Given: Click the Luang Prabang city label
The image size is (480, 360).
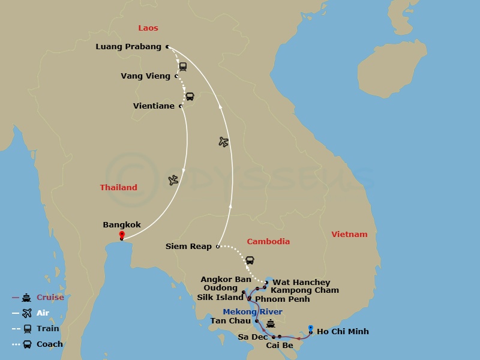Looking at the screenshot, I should pyautogui.click(x=128, y=47).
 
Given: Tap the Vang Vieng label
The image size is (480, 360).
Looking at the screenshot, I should pyautogui.click(x=145, y=76).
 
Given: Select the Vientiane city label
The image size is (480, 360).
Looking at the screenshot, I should pyautogui.click(x=154, y=106).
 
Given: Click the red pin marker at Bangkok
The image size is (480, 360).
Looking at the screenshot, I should pyautogui.click(x=122, y=235).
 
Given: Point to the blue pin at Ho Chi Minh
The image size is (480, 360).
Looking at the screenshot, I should pyautogui.click(x=310, y=328).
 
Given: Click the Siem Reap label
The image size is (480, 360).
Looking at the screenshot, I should pyautogui.click(x=188, y=247).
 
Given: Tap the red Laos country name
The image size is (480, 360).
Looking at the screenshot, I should pyautogui.click(x=148, y=28).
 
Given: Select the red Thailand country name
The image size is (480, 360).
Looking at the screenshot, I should pyautogui.click(x=118, y=188).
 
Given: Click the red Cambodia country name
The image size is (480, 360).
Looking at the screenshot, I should pyautogui.click(x=268, y=242).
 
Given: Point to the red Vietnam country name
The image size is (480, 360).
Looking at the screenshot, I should pyautogui.click(x=349, y=235).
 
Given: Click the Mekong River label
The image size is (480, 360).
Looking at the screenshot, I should pyautogui.click(x=252, y=312).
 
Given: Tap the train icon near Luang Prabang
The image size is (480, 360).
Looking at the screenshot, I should pyautogui.click(x=182, y=67).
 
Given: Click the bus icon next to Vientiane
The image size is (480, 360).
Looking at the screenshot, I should pyautogui.click(x=190, y=97).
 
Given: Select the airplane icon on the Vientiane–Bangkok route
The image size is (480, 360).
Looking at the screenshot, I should pyautogui.click(x=173, y=180).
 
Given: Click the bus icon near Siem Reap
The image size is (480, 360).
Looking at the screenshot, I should pyautogui.click(x=250, y=260).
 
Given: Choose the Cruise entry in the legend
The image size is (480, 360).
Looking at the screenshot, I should pyautogui.click(x=50, y=298).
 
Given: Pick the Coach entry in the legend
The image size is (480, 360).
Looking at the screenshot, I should pyautogui.click(x=49, y=344).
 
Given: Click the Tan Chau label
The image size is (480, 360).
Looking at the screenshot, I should pyautogui.click(x=230, y=321).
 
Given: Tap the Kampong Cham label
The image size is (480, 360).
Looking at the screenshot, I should pyautogui.click(x=304, y=290).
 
